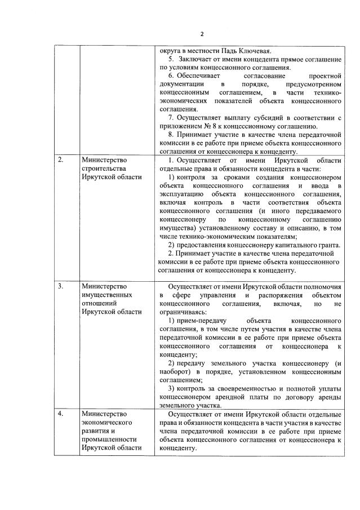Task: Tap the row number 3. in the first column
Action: (60, 286)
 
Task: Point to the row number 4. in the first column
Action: (60, 414)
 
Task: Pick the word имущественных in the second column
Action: (106, 295)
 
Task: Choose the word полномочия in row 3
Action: (320, 286)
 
